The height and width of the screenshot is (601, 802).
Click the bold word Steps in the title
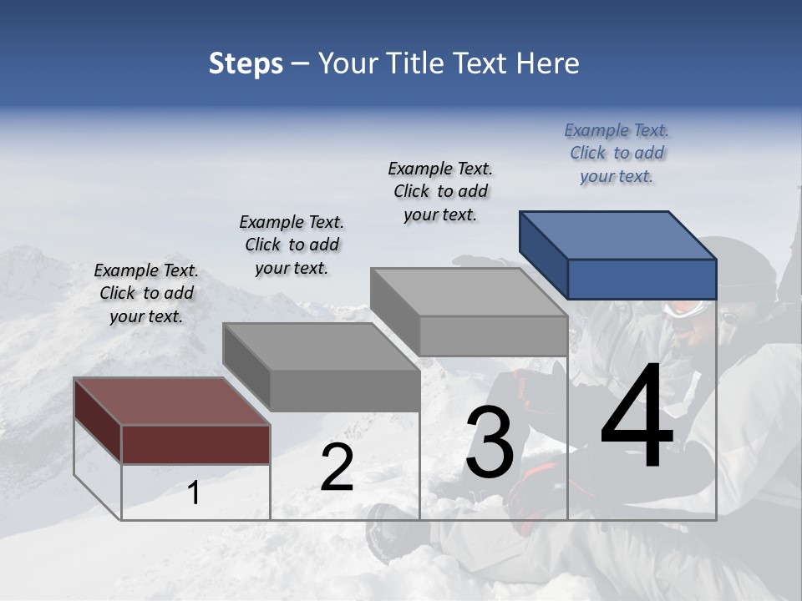pos(246,63)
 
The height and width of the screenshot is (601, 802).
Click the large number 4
pos(637,417)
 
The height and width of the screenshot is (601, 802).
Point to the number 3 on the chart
pos(490,442)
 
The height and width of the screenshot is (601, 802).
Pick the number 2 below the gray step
pos(337,468)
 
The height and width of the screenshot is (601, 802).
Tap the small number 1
pos(194,493)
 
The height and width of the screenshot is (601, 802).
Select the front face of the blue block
pos(642,279)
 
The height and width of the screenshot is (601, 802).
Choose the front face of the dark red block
pos(195,444)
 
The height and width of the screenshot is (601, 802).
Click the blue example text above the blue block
pos(617,153)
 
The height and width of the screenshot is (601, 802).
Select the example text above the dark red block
pos(146,293)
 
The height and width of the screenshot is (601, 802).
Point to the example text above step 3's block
pos(440,191)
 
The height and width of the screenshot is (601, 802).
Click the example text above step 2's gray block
pos(292,245)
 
